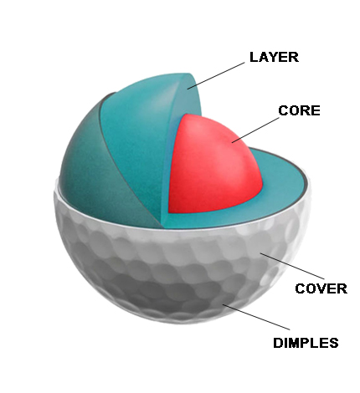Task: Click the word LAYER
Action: (274, 57)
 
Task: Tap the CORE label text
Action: (299, 110)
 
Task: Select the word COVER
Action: (321, 288)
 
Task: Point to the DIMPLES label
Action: (306, 343)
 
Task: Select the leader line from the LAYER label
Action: (216, 76)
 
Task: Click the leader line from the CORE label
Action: (255, 130)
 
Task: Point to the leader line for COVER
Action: (292, 266)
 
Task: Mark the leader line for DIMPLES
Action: (256, 317)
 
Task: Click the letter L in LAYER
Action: (254, 57)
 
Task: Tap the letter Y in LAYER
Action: (273, 57)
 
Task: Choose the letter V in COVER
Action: (321, 288)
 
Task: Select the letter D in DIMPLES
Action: (278, 343)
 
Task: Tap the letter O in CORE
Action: (294, 110)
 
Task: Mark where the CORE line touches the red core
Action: (232, 143)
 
